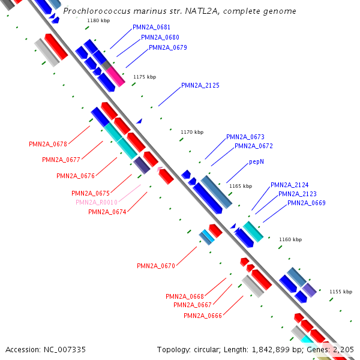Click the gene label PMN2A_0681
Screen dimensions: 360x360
[151, 28]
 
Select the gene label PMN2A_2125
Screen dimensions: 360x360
[200, 85]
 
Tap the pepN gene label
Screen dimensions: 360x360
[256, 162]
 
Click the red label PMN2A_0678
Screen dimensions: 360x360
[47, 144]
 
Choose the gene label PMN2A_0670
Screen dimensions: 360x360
[155, 266]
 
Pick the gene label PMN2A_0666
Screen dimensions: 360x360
[202, 316]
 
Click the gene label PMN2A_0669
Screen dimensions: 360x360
[306, 203]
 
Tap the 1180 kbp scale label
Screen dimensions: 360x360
[98, 20]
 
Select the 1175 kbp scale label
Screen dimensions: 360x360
[144, 77]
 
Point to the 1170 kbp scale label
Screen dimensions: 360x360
[192, 132]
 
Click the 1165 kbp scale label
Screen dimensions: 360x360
[241, 186]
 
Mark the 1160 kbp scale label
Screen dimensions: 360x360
[290, 239]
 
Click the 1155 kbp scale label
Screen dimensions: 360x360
[340, 292]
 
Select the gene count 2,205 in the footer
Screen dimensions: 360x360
[343, 349]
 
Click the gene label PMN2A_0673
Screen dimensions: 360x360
[245, 137]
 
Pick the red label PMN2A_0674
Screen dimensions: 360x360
[107, 212]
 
